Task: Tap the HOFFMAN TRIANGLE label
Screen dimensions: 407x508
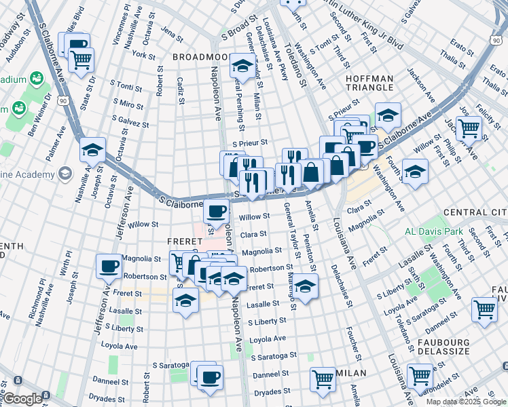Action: coord(369,83)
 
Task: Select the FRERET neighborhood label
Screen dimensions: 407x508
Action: coord(185,241)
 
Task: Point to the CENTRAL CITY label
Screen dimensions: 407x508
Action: coord(475,213)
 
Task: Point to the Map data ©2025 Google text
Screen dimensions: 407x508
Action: coord(466,402)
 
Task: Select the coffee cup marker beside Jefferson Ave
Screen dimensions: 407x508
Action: coord(109,266)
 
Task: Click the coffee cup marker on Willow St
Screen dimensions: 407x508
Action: coord(217,212)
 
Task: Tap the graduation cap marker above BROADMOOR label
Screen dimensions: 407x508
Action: coord(242,66)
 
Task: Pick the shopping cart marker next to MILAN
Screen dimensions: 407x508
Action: coord(323,379)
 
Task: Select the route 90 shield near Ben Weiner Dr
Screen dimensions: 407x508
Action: coord(62,100)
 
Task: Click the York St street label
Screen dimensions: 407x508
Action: coord(145,54)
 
